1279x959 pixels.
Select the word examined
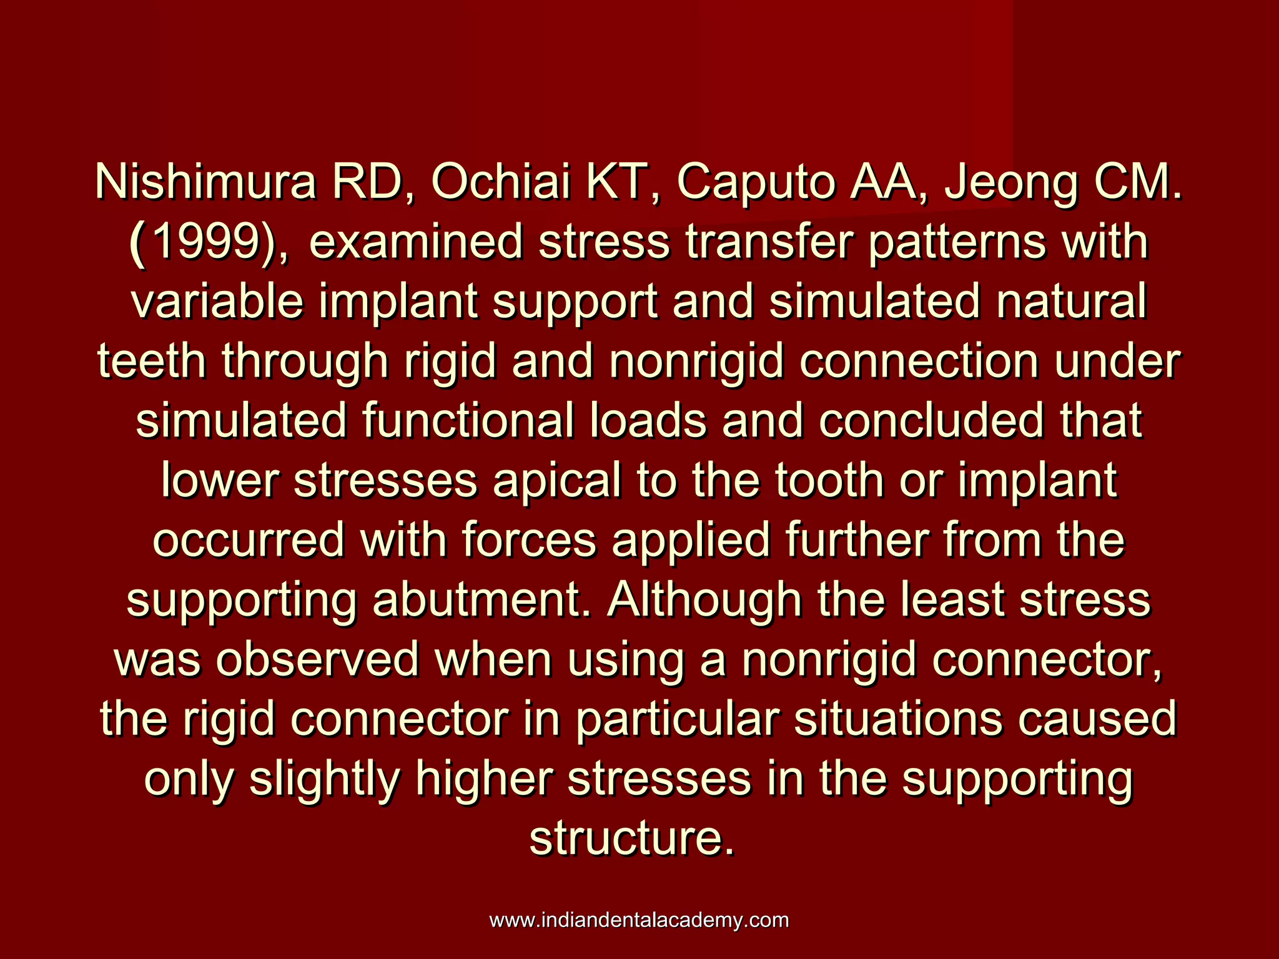(415, 242)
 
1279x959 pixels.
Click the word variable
(217, 302)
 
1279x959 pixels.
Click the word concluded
(931, 421)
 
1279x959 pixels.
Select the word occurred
(249, 540)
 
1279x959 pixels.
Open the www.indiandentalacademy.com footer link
(639, 920)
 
